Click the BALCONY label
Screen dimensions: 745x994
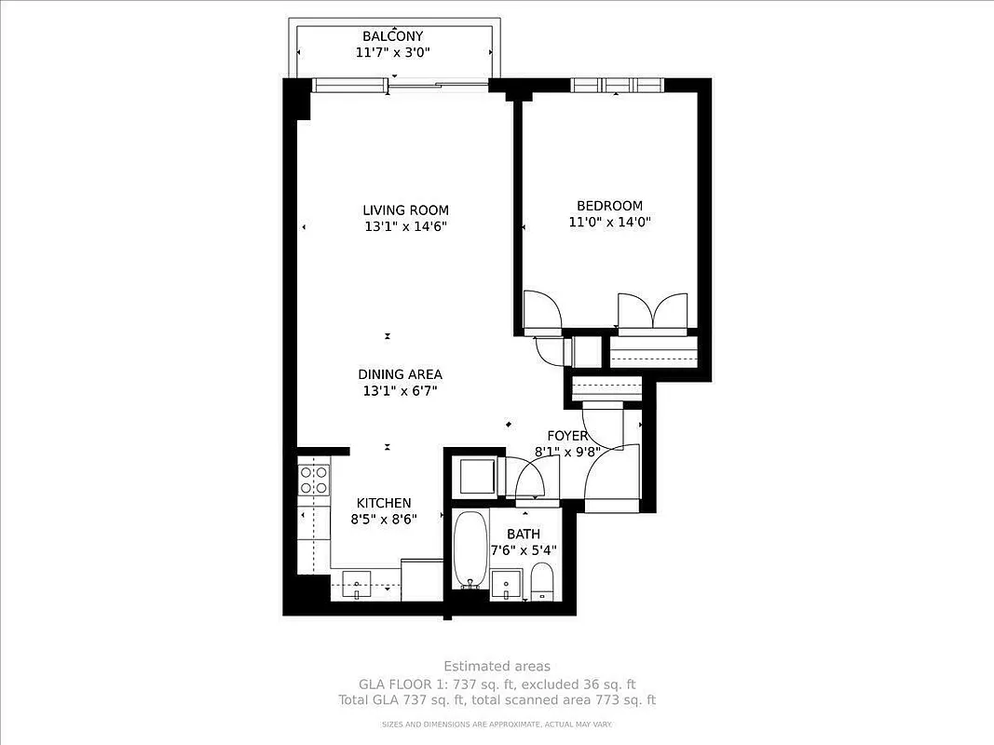coord(394,36)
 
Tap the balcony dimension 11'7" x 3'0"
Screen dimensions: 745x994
coord(394,53)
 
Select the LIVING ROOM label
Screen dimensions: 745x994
coord(405,210)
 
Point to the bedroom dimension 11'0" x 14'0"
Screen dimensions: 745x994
coord(609,223)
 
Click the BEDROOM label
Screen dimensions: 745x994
coord(609,206)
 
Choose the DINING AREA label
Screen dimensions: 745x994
coord(400,374)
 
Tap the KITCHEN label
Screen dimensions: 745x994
coord(383,503)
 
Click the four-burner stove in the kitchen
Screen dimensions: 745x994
coord(314,480)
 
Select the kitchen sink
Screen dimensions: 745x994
coord(356,586)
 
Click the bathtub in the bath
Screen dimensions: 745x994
coord(471,549)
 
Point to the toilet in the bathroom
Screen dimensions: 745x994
coord(542,583)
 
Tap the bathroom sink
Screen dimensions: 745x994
coord(508,585)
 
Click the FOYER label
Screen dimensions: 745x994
coord(567,436)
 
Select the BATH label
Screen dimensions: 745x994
coord(523,534)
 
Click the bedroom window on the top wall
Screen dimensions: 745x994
coord(616,86)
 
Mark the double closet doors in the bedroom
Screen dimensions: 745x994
coord(653,313)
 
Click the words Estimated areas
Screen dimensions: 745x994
coord(497,666)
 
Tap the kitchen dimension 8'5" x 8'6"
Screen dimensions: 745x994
coord(383,520)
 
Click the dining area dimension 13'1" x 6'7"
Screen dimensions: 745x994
coord(400,391)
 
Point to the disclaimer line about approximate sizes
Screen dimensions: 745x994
coord(497,724)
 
